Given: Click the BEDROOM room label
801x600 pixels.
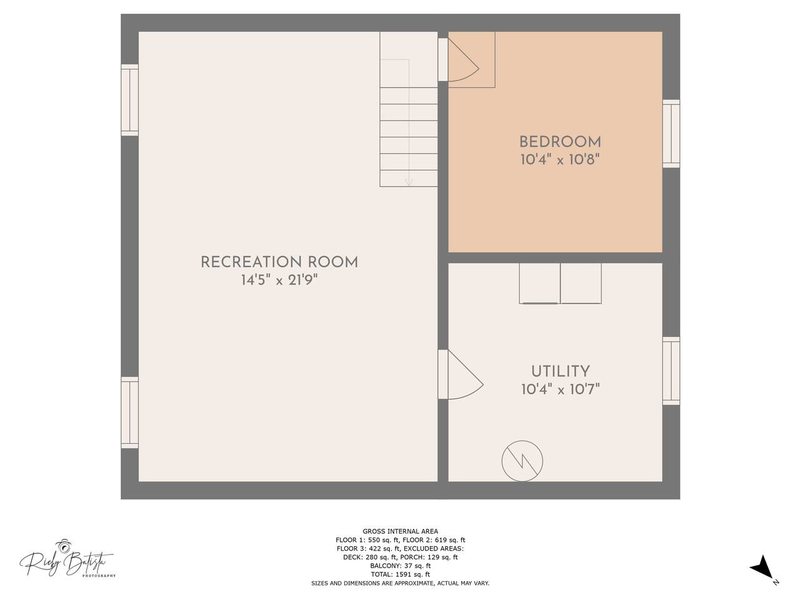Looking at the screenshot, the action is coord(560,142).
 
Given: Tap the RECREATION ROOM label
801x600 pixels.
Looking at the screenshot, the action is coord(280,262).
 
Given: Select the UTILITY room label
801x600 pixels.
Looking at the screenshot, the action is coord(560,372).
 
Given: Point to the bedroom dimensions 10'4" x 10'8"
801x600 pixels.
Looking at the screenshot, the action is coord(560,159).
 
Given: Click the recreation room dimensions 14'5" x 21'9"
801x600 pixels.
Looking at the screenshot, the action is coord(280,280).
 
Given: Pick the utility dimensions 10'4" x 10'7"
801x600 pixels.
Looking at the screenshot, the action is coord(560,389).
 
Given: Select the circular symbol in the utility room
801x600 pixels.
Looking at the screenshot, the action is coord(522,461).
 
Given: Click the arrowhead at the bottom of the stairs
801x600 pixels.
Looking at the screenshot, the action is coord(409,182).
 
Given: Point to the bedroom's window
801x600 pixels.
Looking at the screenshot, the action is coord(671,134).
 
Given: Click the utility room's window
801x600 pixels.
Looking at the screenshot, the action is coord(671,371).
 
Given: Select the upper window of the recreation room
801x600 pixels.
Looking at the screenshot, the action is coord(130,100).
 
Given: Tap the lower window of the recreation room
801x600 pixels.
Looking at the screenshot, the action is coord(130,412).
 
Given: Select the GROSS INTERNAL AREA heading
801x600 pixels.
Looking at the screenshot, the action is coord(400,531).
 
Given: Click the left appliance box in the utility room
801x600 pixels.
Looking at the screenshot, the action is coord(539,283).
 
